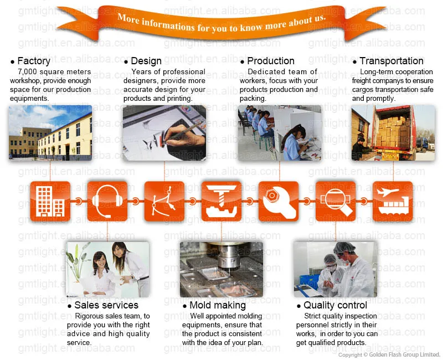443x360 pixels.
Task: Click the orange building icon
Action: pyautogui.click(x=50, y=201)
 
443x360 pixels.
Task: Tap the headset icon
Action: pyautogui.click(x=107, y=201)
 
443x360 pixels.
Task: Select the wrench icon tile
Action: pyautogui.click(x=279, y=201)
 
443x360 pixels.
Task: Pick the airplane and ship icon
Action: pyautogui.click(x=393, y=201)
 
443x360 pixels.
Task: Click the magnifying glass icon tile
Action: pyautogui.click(x=336, y=201)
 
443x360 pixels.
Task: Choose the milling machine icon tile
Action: pyautogui.click(x=221, y=201)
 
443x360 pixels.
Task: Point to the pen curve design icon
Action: pyautogui.click(x=164, y=201)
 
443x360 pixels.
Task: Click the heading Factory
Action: pyautogui.click(x=34, y=61)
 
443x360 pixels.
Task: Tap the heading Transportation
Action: pyautogui.click(x=392, y=61)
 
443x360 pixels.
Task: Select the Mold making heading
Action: pyautogui.click(x=218, y=305)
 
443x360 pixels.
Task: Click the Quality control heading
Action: pyautogui.click(x=335, y=305)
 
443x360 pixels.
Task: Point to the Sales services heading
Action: pyautogui.click(x=106, y=305)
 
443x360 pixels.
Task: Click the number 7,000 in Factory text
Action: pyautogui.click(x=27, y=72)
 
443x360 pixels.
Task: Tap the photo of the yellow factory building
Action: pyautogui.click(x=50, y=133)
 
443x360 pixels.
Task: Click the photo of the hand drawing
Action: pyautogui.click(x=164, y=133)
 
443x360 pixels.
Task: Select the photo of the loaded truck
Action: pyautogui.click(x=393, y=133)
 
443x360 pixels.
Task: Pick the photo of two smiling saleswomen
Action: pyautogui.click(x=107, y=269)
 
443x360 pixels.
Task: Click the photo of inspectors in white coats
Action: pyautogui.click(x=336, y=269)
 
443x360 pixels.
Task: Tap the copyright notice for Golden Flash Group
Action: pyautogui.click(x=389, y=354)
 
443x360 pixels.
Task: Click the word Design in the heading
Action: pyautogui.click(x=146, y=61)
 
